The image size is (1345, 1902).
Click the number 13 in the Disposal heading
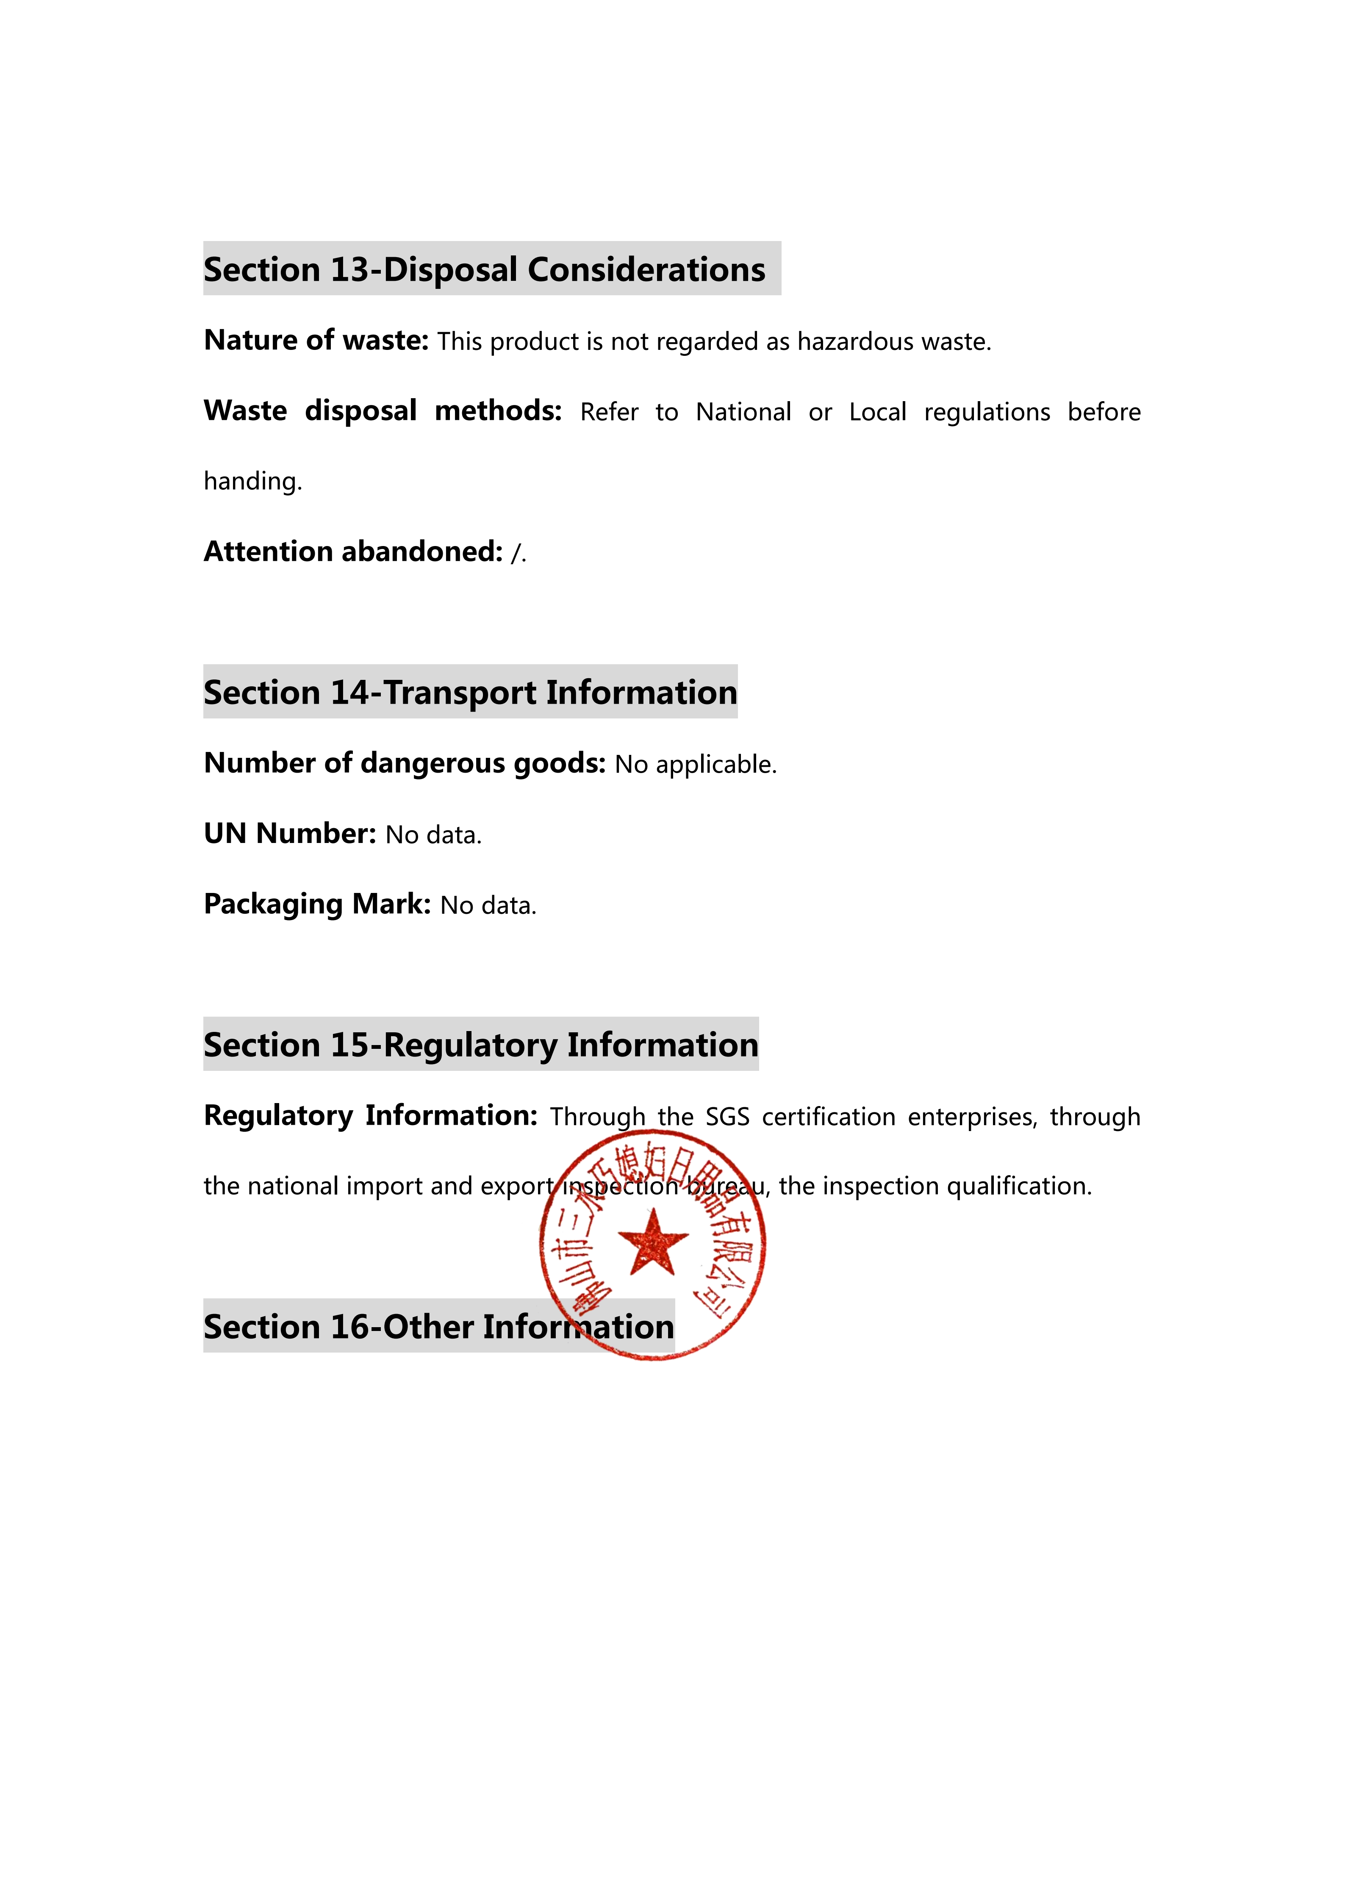pyautogui.click(x=349, y=270)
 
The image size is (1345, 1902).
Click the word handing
pyautogui.click(x=252, y=481)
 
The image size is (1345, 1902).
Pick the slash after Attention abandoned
pyautogui.click(x=516, y=552)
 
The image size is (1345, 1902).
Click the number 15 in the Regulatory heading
pyautogui.click(x=349, y=1045)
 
